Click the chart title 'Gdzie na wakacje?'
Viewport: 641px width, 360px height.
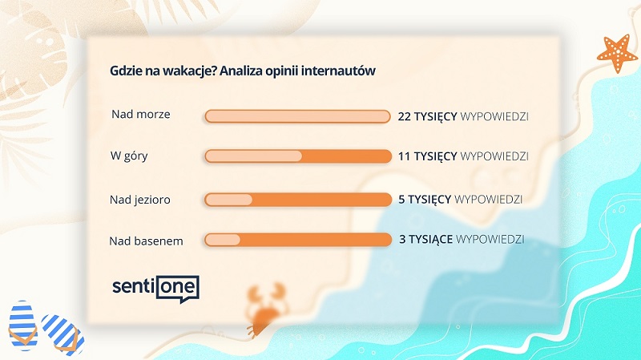163,71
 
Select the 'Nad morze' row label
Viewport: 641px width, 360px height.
141,114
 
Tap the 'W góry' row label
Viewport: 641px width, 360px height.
129,156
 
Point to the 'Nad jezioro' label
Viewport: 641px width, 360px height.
139,200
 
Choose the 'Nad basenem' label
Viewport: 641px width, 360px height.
146,241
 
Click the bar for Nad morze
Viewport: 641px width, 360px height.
297,116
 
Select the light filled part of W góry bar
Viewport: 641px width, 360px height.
253,156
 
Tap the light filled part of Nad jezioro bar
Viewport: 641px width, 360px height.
228,200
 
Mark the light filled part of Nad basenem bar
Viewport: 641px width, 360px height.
223,240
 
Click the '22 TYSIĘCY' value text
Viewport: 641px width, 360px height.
427,116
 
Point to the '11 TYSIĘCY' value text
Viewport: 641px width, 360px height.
427,156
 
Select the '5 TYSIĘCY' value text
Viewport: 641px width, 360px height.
425,199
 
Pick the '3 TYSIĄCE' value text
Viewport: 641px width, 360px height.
425,239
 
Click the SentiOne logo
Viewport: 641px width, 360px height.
155,288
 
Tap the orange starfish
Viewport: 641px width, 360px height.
617,53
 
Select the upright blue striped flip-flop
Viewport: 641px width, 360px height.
23,326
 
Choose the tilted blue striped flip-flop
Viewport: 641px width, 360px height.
63,334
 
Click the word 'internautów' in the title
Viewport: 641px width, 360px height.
338,71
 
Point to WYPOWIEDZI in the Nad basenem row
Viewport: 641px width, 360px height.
490,239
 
